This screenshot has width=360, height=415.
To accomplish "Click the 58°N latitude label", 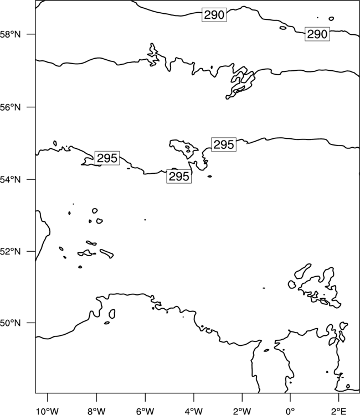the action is pyautogui.click(x=10, y=34).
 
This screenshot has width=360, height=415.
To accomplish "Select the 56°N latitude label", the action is pyautogui.click(x=10, y=107).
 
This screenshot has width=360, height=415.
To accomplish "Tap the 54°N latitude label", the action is pyautogui.click(x=10, y=179).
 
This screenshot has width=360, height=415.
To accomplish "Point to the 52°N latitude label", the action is pyautogui.click(x=10, y=251).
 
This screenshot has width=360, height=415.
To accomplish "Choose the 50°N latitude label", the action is pyautogui.click(x=10, y=323).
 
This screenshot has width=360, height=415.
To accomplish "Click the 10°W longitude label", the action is pyautogui.click(x=48, y=411).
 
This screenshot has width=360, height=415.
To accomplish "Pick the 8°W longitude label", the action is pyautogui.click(x=96, y=411).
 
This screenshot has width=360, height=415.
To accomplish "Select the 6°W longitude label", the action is pyautogui.click(x=145, y=411).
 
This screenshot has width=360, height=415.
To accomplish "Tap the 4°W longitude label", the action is pyautogui.click(x=194, y=411).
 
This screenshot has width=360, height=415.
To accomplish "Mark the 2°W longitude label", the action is pyautogui.click(x=242, y=411).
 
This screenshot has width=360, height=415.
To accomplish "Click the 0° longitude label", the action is pyautogui.click(x=290, y=411).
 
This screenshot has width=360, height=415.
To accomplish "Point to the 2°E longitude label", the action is pyautogui.click(x=338, y=411).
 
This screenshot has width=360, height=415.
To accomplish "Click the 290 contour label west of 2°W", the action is pyautogui.click(x=214, y=15).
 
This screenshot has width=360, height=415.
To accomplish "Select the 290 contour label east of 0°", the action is pyautogui.click(x=317, y=34).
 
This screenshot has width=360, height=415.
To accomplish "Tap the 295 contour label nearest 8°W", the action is pyautogui.click(x=107, y=158).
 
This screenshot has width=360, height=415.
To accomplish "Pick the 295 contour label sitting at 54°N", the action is pyautogui.click(x=179, y=177).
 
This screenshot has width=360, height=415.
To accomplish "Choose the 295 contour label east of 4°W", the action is pyautogui.click(x=224, y=144).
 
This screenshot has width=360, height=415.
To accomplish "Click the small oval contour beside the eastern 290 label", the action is pyautogui.click(x=283, y=28).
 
